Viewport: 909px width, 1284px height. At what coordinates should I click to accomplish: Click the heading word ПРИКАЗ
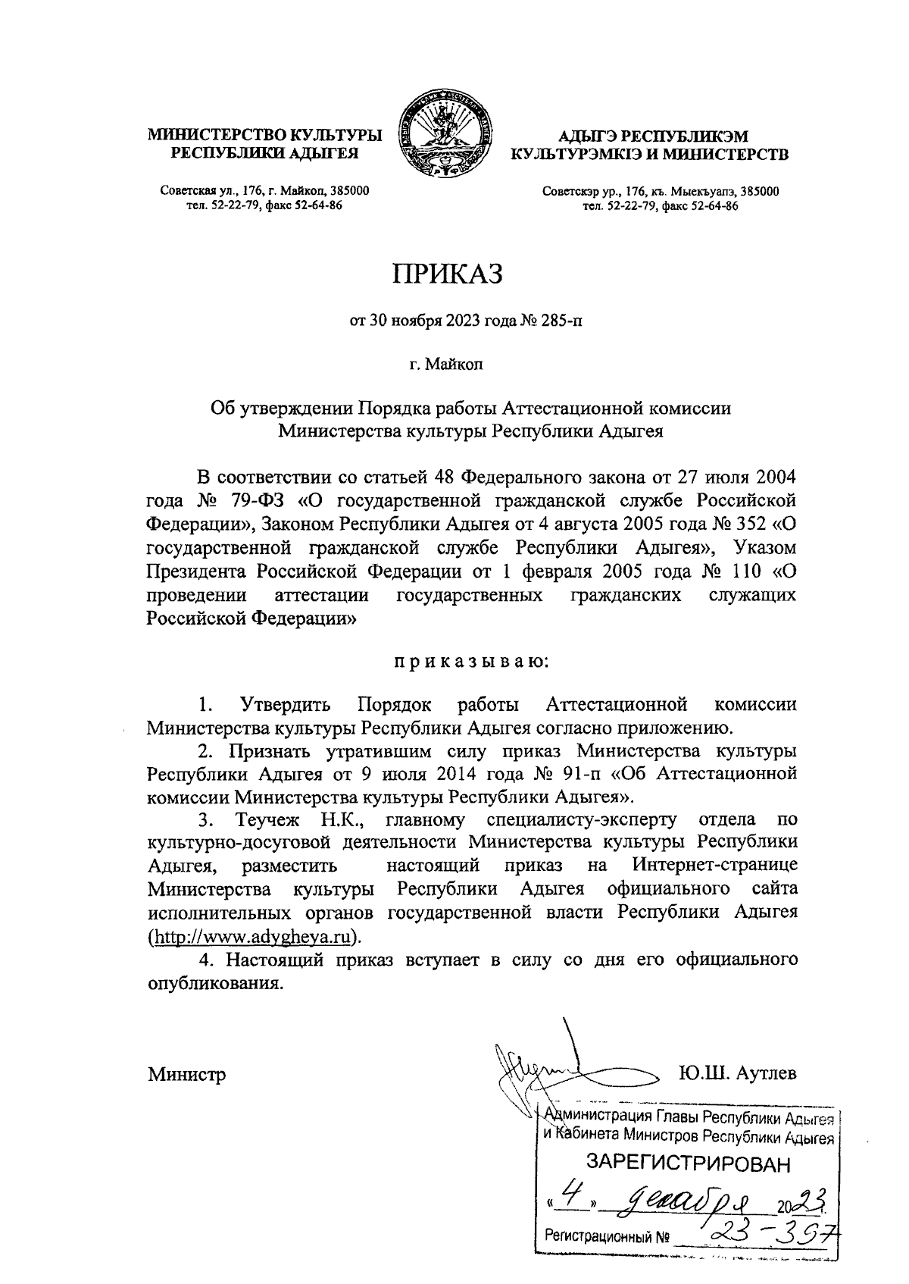pyautogui.click(x=447, y=274)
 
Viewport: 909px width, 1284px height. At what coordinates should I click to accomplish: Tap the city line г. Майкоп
pyautogui.click(x=446, y=365)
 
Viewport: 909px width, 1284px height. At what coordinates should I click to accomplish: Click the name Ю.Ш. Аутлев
pyautogui.click(x=738, y=1074)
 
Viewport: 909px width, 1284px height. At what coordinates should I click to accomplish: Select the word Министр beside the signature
pyautogui.click(x=187, y=1075)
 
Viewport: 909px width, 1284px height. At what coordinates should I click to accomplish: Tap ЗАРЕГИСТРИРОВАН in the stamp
pyautogui.click(x=688, y=1163)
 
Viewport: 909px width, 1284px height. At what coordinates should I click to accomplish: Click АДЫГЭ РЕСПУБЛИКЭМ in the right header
pyautogui.click(x=652, y=136)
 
